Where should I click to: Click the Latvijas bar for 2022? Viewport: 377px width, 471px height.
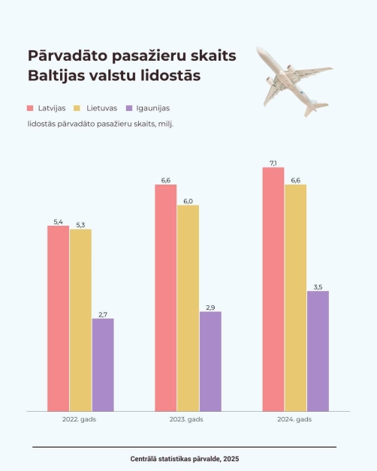[58, 319]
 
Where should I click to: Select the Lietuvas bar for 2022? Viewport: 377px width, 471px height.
[80, 320]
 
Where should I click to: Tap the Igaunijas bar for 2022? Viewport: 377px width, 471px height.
[103, 365]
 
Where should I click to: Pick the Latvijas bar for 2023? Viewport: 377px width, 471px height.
[166, 298]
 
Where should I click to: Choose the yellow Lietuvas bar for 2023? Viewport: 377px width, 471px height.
[188, 308]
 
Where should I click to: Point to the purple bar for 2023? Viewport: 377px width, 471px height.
[210, 361]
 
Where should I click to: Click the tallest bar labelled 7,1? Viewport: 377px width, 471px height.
[273, 289]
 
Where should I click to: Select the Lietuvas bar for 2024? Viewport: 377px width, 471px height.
[296, 298]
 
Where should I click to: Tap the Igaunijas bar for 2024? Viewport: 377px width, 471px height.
[318, 351]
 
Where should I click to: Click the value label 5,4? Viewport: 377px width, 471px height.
[58, 222]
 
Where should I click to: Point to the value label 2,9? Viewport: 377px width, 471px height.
[210, 307]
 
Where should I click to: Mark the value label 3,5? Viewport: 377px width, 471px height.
[318, 287]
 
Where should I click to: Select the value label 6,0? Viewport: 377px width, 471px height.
[188, 201]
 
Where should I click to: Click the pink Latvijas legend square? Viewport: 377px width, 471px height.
[30, 108]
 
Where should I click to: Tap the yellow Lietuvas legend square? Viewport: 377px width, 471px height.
[77, 108]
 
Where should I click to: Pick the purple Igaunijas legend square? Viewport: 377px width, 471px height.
[129, 108]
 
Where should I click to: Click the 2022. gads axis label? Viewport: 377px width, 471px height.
[79, 419]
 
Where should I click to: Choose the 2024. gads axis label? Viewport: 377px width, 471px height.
[294, 419]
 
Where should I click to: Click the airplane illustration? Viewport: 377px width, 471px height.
[294, 81]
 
